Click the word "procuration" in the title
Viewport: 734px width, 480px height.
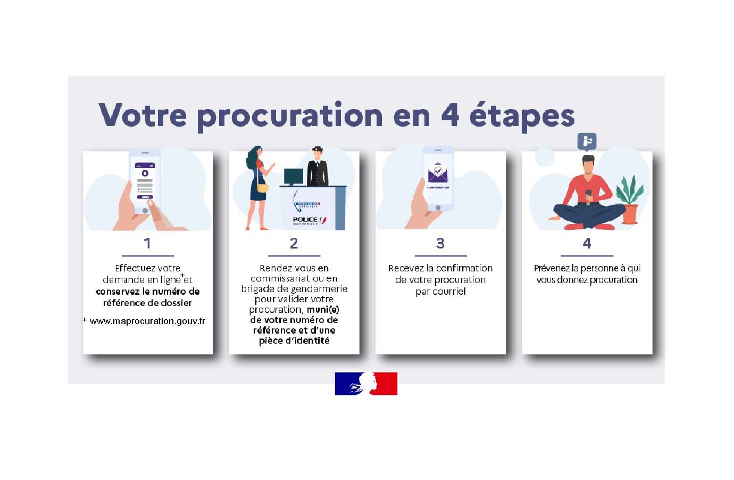point(290,117)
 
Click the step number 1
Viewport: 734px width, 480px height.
point(147,243)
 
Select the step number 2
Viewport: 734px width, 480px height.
point(294,243)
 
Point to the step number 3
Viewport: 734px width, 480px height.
point(440,243)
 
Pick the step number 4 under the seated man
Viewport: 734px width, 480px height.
point(587,243)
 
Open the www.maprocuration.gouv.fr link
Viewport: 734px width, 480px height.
point(147,321)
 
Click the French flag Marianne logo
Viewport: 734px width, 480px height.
point(366,383)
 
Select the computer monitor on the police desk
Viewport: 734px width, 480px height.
point(293,177)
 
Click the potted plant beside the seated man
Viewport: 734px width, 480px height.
point(629,200)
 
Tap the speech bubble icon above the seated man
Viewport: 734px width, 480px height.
point(587,142)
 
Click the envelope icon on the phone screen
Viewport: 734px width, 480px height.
point(438,173)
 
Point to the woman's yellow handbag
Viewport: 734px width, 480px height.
point(262,188)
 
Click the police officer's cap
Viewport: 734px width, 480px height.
point(317,149)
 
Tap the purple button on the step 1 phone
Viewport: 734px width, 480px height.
point(145,197)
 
